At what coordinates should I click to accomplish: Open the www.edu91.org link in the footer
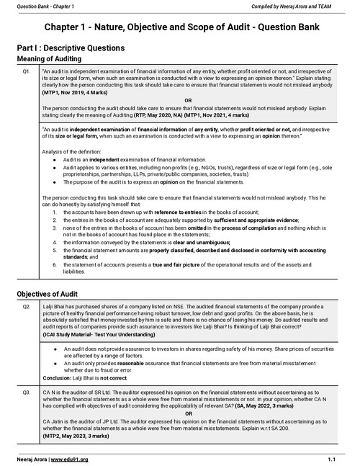[68, 458]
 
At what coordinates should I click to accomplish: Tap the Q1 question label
[26, 72]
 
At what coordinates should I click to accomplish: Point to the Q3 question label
[26, 392]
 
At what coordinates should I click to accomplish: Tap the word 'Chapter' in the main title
[70, 27]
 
